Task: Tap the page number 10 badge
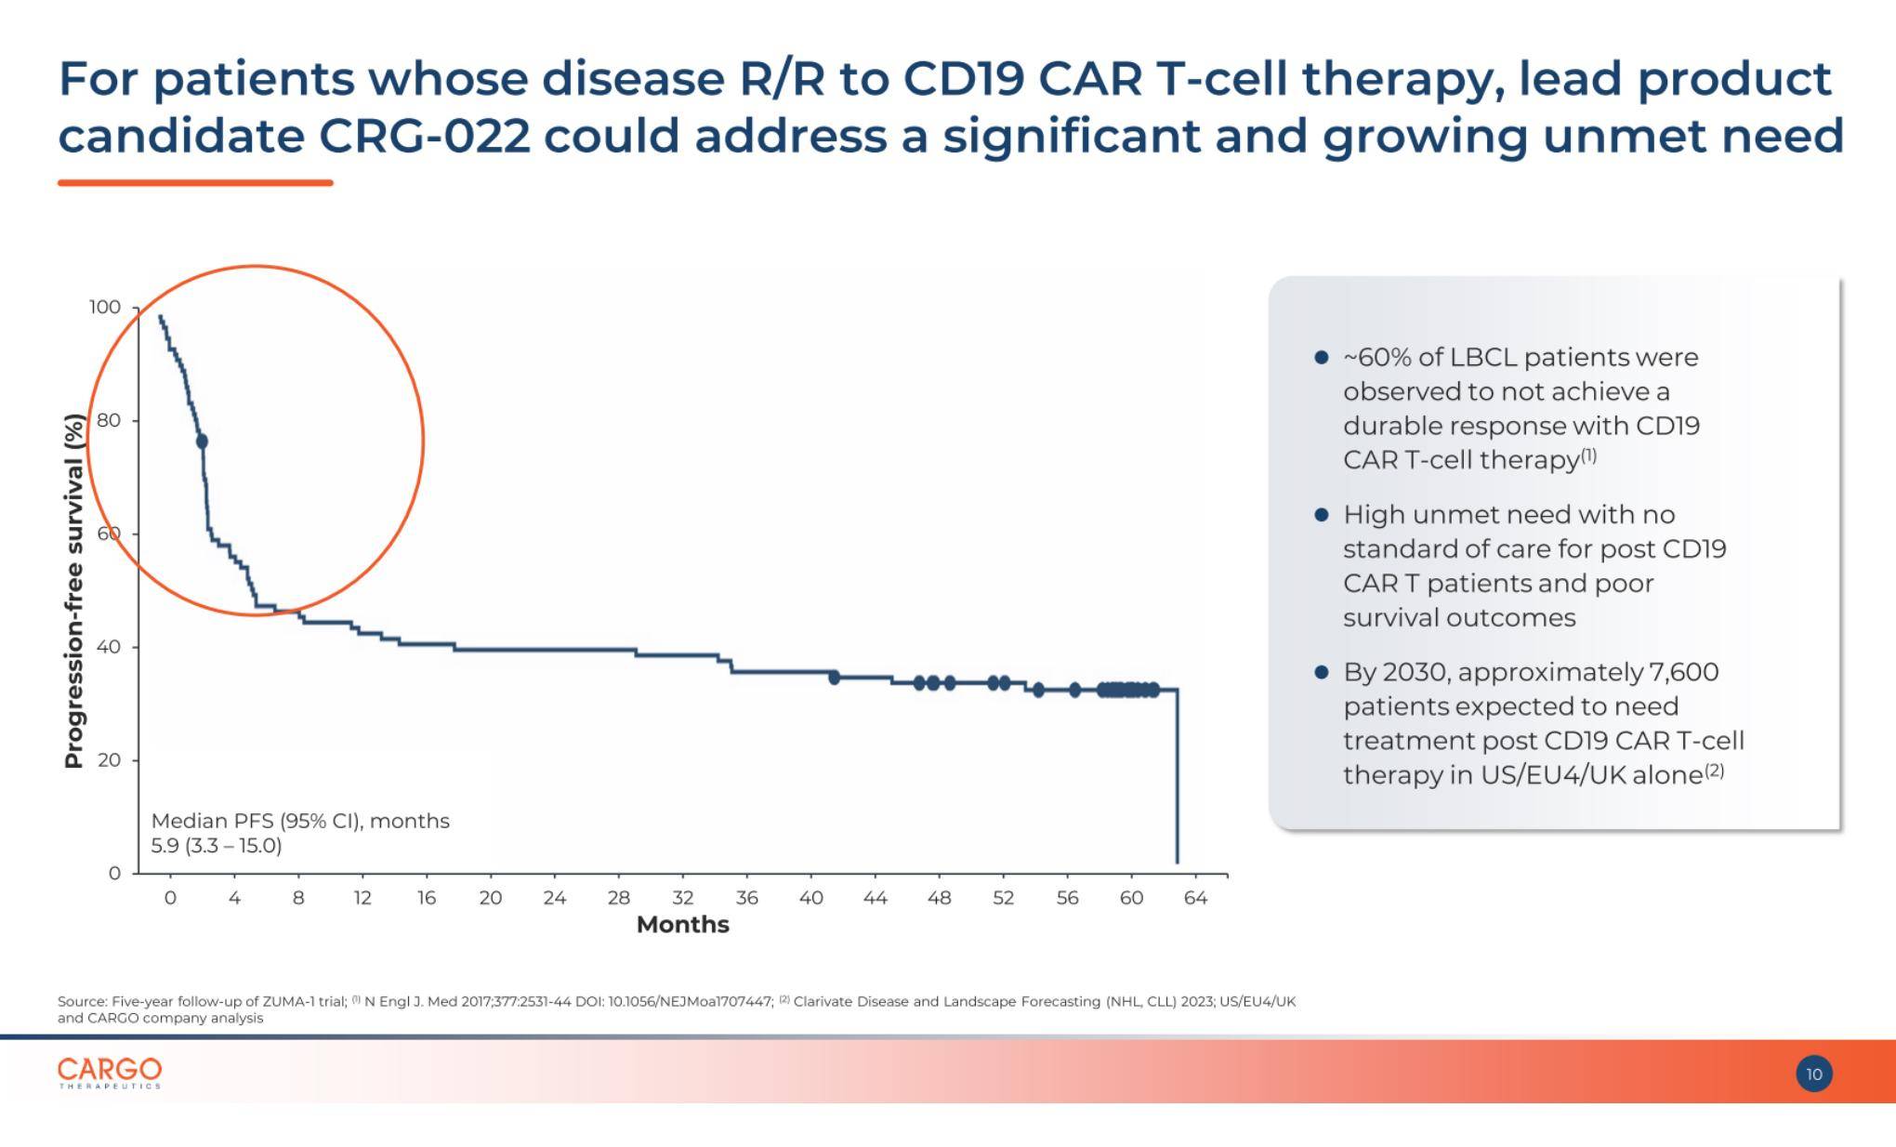(1813, 1074)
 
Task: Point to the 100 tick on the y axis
(105, 307)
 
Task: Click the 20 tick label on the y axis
(109, 759)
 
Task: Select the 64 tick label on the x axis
(1195, 898)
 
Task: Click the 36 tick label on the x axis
(746, 898)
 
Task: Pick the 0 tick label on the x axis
(170, 898)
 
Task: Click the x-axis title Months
(682, 925)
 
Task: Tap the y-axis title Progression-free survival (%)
(73, 591)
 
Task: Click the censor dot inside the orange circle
(202, 442)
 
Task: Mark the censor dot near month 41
(834, 678)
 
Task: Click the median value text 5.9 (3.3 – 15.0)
(216, 846)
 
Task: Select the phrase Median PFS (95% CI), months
(299, 821)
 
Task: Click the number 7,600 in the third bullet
(1683, 672)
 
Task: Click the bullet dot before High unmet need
(1321, 515)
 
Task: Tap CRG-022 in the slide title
(425, 136)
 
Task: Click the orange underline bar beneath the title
(195, 183)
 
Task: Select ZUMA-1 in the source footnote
(290, 1001)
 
